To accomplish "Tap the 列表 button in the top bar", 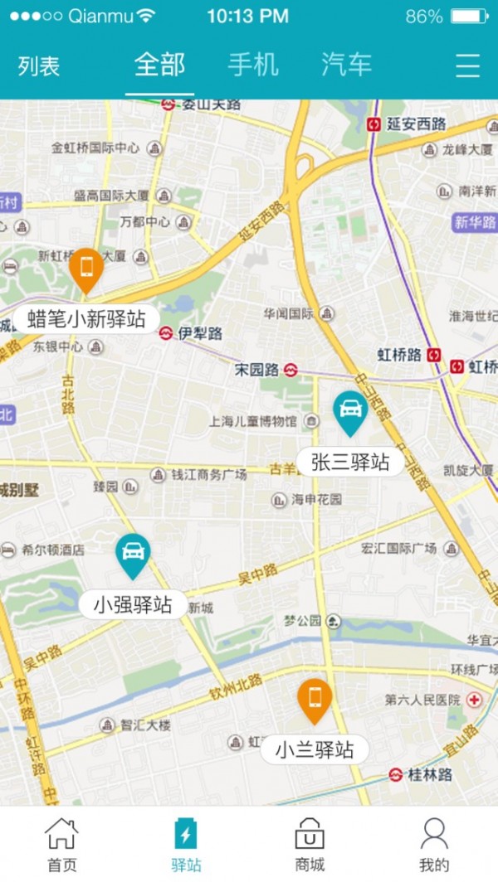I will pyautogui.click(x=39, y=66).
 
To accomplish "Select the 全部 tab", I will pyautogui.click(x=159, y=65).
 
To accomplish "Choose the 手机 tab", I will pyautogui.click(x=253, y=65).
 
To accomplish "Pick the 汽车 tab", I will pyautogui.click(x=346, y=65).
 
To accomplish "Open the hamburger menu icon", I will pyautogui.click(x=468, y=65).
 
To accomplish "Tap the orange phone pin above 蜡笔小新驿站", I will pyautogui.click(x=85, y=268).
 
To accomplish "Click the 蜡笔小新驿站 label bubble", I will pyautogui.click(x=86, y=318).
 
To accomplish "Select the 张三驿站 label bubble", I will pyautogui.click(x=350, y=462).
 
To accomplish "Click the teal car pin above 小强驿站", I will pyautogui.click(x=133, y=554).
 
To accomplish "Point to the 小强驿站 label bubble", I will pyautogui.click(x=133, y=604).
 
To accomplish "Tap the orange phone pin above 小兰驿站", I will pyautogui.click(x=315, y=699).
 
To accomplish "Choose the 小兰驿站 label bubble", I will pyautogui.click(x=315, y=750).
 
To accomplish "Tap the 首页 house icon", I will pyautogui.click(x=61, y=833).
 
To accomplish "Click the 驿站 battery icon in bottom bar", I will pyautogui.click(x=186, y=833).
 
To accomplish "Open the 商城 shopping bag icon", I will pyautogui.click(x=310, y=833).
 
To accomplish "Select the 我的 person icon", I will pyautogui.click(x=434, y=833).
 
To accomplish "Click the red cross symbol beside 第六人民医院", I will pyautogui.click(x=474, y=700).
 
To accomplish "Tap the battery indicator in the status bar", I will pyautogui.click(x=469, y=16).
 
